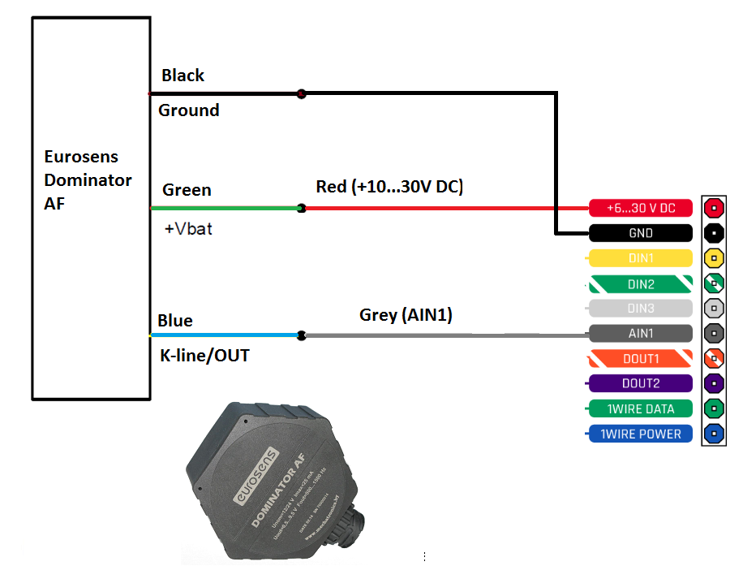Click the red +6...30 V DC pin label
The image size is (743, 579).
click(x=641, y=208)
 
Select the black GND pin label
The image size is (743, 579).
click(x=641, y=233)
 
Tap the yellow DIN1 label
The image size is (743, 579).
click(x=641, y=258)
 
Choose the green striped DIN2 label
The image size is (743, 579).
click(x=641, y=284)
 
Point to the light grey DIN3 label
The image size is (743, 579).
click(x=641, y=309)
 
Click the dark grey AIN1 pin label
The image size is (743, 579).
click(x=641, y=333)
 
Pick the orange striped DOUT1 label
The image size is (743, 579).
click(x=641, y=358)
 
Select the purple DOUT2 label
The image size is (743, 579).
click(x=641, y=383)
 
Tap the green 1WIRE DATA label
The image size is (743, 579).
click(x=641, y=408)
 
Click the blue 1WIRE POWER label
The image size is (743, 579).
click(x=641, y=434)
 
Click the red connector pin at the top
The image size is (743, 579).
click(x=713, y=207)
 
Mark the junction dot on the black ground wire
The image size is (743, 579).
click(x=302, y=94)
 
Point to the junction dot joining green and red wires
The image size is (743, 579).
click(x=301, y=209)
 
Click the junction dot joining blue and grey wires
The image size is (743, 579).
click(x=301, y=335)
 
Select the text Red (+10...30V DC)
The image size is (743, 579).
click(x=389, y=188)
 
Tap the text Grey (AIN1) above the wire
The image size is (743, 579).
click(x=406, y=314)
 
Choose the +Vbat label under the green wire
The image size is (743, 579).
click(x=187, y=229)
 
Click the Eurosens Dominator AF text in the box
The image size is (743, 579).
click(x=88, y=179)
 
